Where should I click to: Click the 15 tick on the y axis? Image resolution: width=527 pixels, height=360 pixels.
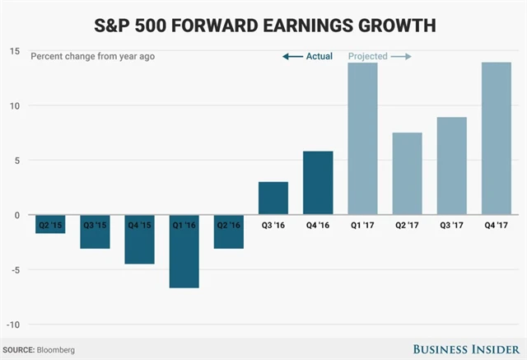click(14, 51)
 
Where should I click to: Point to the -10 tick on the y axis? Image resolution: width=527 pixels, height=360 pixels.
click(12, 325)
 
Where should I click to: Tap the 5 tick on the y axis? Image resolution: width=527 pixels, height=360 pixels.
click(16, 160)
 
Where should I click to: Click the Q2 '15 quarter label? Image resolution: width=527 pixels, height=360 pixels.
click(51, 223)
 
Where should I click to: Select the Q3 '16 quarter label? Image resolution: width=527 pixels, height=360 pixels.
click(273, 223)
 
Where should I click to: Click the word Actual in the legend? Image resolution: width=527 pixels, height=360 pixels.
click(319, 56)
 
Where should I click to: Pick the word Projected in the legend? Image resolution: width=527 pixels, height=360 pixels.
click(367, 56)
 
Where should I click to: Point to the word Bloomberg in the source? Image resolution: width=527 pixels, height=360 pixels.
click(55, 350)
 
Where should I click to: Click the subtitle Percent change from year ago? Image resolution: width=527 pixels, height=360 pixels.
click(91, 56)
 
